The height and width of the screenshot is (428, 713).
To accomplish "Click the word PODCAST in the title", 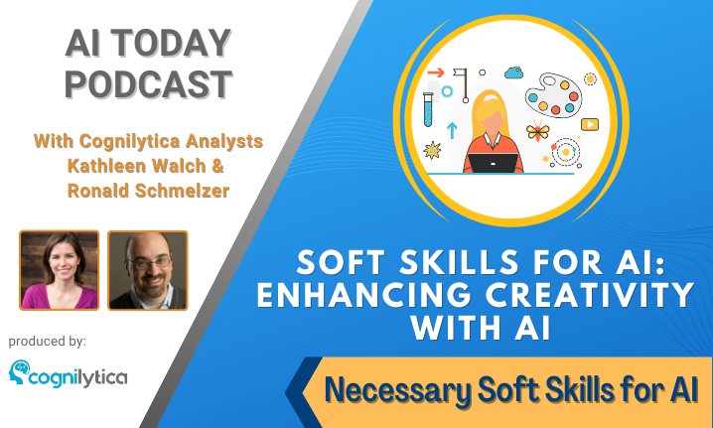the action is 149,84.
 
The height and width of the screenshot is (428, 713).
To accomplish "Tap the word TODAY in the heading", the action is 171,44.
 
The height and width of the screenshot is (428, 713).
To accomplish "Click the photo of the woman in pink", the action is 60,270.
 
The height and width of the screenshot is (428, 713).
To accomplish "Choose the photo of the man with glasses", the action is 148,270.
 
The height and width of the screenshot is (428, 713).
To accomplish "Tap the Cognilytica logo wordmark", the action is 77,377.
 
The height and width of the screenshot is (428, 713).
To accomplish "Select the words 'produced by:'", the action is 48,342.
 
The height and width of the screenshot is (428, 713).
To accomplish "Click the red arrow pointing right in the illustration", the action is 436,72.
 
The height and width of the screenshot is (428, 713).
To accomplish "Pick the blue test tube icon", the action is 428,109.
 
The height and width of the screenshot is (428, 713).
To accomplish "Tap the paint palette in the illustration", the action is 554,95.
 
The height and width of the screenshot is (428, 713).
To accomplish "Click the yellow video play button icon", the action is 590,124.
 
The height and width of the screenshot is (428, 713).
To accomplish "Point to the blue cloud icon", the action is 513,72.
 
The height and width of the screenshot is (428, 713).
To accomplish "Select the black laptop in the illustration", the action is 493,163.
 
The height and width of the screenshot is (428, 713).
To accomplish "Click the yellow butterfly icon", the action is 538,131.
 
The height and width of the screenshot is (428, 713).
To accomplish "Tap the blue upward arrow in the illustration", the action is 452,130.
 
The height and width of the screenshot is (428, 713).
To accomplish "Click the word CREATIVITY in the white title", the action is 590,295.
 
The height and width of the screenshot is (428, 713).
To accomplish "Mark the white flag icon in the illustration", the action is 462,85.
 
